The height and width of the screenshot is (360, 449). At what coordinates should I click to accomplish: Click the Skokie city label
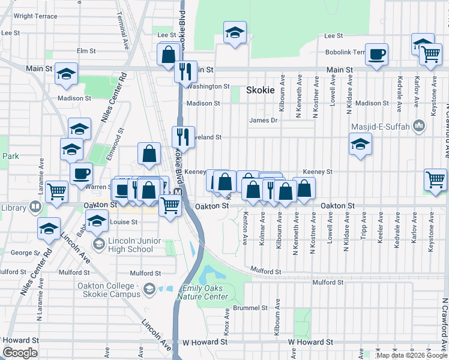pos(260,90)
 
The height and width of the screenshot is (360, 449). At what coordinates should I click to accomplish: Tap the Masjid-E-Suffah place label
pos(384,126)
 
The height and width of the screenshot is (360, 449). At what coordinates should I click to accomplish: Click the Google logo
pos(20,353)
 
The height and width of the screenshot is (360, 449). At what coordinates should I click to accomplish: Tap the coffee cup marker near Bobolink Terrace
pos(376,55)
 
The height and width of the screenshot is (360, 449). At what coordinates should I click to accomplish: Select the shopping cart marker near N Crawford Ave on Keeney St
pos(435,179)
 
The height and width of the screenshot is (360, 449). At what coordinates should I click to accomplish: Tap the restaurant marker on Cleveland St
pos(183,137)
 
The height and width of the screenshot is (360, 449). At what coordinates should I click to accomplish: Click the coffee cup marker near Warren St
pos(81,174)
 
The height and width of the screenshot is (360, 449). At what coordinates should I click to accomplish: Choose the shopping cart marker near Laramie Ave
pos(56,191)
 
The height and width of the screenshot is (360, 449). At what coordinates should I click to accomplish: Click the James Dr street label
pos(264,121)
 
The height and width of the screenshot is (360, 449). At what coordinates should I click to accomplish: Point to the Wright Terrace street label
pos(31,16)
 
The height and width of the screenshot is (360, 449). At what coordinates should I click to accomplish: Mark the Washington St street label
pos(208,86)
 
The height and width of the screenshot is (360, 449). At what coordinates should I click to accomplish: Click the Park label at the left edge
pos(10,156)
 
